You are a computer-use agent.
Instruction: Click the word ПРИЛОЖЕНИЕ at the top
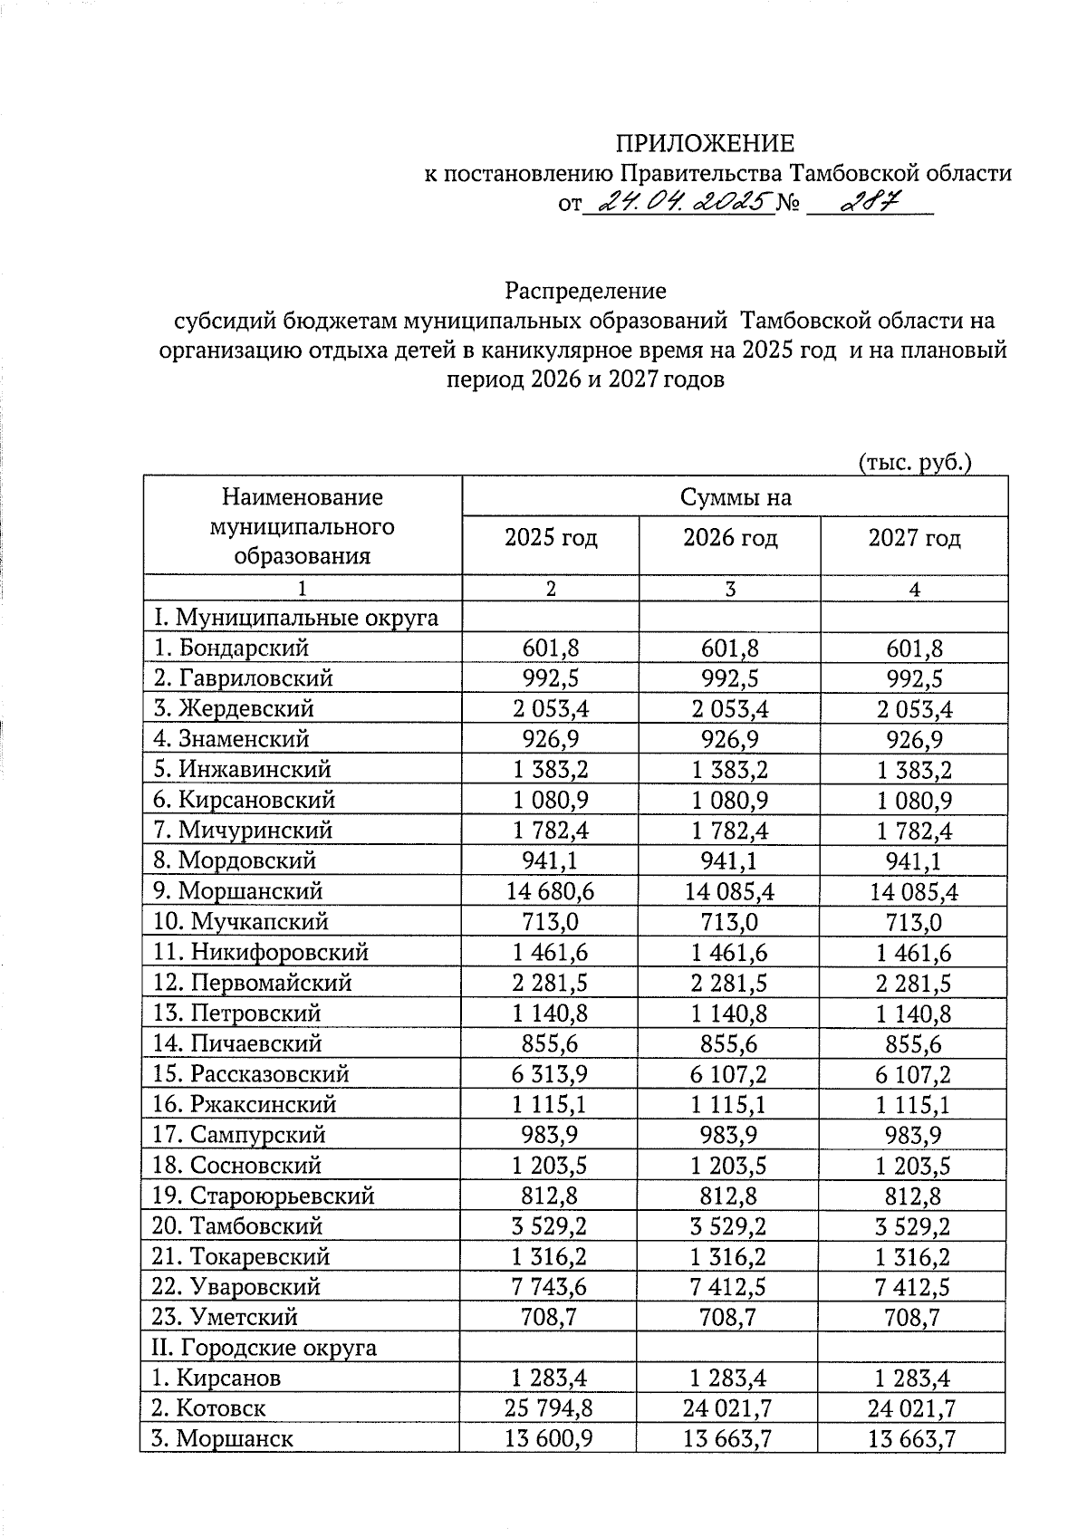(x=704, y=143)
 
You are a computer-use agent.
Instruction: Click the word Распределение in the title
(x=586, y=291)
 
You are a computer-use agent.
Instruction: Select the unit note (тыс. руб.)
(x=914, y=462)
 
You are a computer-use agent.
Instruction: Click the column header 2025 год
(x=551, y=538)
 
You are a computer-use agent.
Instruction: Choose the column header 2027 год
(x=914, y=538)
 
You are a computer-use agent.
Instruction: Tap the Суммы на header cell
(x=735, y=496)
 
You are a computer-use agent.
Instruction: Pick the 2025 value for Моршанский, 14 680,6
(x=551, y=891)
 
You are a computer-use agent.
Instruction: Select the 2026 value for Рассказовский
(x=729, y=1074)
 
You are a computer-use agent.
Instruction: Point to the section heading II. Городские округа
(x=263, y=1348)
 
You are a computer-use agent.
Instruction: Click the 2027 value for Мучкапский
(x=914, y=922)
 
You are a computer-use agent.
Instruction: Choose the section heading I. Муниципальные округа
(x=296, y=618)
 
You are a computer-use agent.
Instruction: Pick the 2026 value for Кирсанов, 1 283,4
(x=729, y=1378)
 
